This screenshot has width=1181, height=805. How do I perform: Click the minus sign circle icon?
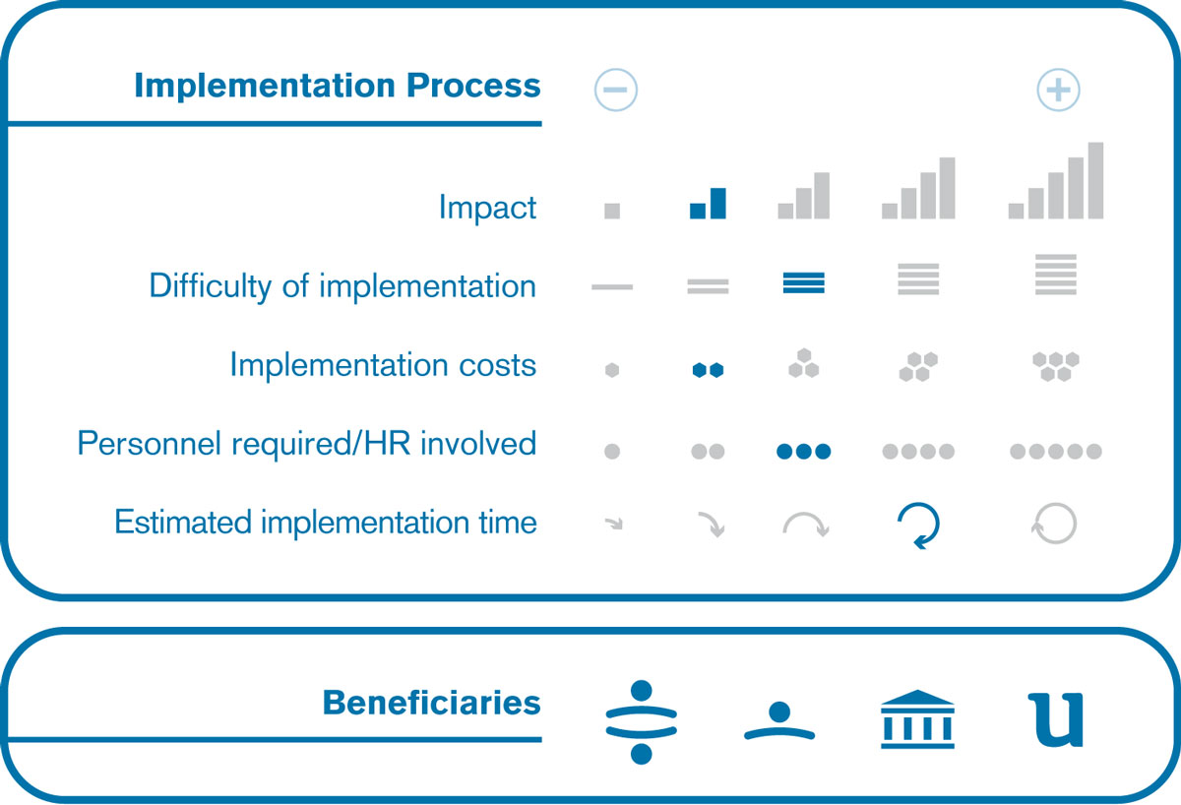point(616,90)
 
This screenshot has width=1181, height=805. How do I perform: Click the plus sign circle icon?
point(1058,90)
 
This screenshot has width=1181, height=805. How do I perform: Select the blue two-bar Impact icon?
point(708,203)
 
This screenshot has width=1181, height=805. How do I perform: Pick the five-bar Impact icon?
point(1056,180)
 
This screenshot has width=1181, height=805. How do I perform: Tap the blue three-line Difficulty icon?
point(804,282)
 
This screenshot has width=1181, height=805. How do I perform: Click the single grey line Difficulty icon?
point(612,287)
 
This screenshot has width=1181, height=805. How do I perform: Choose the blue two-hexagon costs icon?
point(708,370)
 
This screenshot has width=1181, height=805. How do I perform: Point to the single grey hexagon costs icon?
point(612,370)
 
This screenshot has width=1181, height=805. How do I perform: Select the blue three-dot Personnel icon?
point(804,452)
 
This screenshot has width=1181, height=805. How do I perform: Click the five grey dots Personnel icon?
point(1056,452)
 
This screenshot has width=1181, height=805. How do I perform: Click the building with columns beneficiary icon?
point(917,719)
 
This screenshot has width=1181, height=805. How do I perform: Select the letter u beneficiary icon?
point(1056,720)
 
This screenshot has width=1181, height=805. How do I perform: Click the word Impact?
point(488,208)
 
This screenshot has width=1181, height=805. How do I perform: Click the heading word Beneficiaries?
point(432,703)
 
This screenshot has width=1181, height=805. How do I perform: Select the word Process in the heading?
point(473,86)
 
